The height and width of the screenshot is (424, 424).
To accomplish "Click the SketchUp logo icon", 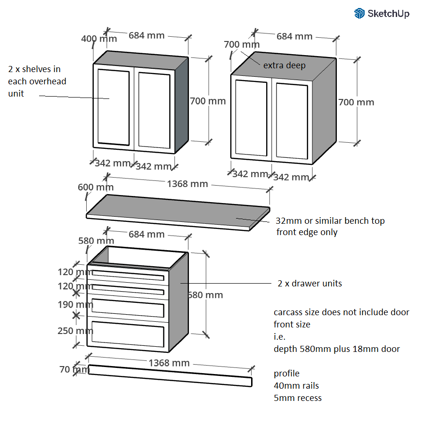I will [359, 13].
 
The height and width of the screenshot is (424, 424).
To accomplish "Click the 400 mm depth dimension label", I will [98, 39].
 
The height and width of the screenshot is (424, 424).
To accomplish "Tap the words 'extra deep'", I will [284, 65].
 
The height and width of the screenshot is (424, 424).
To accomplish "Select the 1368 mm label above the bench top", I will [187, 184].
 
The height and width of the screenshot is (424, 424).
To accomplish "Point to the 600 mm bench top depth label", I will [96, 187].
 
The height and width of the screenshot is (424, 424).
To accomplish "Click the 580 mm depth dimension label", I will [96, 241].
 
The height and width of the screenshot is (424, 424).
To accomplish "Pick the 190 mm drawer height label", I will [75, 304].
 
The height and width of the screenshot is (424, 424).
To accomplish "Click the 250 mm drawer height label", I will [75, 331].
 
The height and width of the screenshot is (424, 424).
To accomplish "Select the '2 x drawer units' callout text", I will [310, 283].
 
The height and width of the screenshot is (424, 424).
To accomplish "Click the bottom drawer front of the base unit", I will [128, 335].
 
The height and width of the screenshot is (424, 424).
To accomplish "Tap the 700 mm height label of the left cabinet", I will [207, 101].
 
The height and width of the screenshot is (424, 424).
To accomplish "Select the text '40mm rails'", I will [296, 385].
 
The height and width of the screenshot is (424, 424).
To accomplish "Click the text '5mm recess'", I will [297, 398].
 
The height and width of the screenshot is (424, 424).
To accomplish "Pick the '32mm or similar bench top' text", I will [330, 220].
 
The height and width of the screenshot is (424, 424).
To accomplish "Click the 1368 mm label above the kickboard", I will [169, 363].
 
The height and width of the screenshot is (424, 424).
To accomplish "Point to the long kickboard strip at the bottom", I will [170, 375].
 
